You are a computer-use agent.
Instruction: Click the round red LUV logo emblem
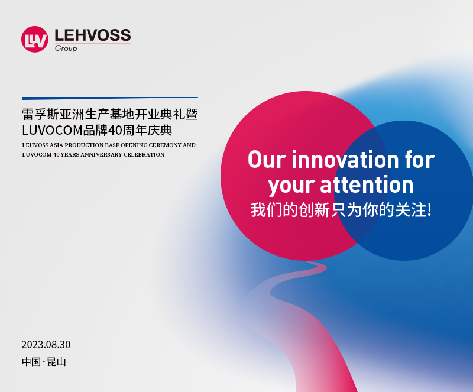click(35, 39)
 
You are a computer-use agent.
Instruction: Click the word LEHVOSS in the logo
click(93, 35)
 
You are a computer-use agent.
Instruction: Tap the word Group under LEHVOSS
click(66, 48)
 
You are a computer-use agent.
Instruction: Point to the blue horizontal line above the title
click(110, 98)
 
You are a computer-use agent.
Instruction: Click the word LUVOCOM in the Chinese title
click(53, 130)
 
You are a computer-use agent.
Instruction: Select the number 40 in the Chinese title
click(115, 130)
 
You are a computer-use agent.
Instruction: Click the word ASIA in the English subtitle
click(56, 145)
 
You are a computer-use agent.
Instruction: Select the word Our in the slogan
click(267, 159)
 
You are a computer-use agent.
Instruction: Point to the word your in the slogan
click(291, 186)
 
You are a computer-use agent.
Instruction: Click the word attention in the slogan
click(367, 184)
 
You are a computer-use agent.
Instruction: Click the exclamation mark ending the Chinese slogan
click(429, 210)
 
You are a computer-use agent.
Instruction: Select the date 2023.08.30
click(46, 345)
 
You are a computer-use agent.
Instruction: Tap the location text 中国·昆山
click(44, 361)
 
